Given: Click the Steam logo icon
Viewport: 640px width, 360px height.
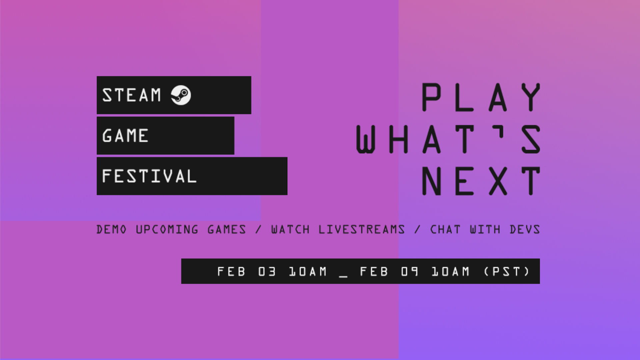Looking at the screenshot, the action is (181, 95).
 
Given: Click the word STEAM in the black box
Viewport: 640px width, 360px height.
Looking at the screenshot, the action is (132, 95).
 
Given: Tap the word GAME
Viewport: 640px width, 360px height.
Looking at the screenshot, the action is (125, 136).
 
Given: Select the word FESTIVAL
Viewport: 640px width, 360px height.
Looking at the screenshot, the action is (149, 176).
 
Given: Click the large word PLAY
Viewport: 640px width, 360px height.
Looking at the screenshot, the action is (481, 97).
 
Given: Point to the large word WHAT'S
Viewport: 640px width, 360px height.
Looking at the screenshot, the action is (448, 139).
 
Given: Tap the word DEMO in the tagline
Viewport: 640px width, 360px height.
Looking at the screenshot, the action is (111, 229).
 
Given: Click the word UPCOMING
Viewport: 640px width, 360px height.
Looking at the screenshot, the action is (167, 229).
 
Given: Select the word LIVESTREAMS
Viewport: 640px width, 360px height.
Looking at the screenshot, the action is (362, 229).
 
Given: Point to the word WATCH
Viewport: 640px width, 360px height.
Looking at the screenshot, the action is (290, 229).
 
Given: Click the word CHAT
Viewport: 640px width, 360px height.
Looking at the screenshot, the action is (445, 229).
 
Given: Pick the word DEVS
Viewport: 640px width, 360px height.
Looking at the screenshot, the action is (525, 229).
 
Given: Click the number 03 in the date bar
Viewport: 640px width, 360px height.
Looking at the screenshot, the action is (267, 272).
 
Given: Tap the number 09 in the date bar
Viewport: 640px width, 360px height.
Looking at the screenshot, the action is (410, 272).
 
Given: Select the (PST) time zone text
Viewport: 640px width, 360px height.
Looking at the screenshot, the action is (507, 272).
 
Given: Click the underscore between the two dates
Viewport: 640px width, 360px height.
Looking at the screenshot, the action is (343, 276).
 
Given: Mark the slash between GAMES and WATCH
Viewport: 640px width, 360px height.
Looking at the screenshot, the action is (258, 229).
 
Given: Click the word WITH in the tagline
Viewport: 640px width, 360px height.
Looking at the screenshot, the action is (485, 229).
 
